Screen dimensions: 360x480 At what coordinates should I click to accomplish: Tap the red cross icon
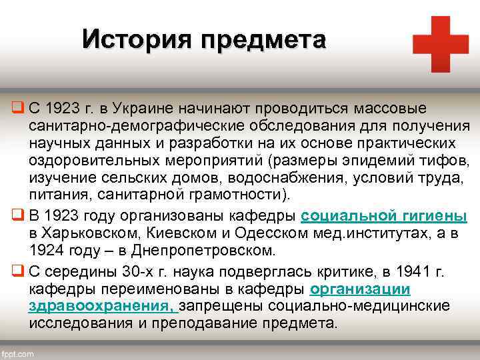click(440, 44)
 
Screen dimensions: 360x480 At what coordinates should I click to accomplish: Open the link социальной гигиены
click(384, 217)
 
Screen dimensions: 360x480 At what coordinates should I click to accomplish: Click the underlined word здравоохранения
click(100, 306)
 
